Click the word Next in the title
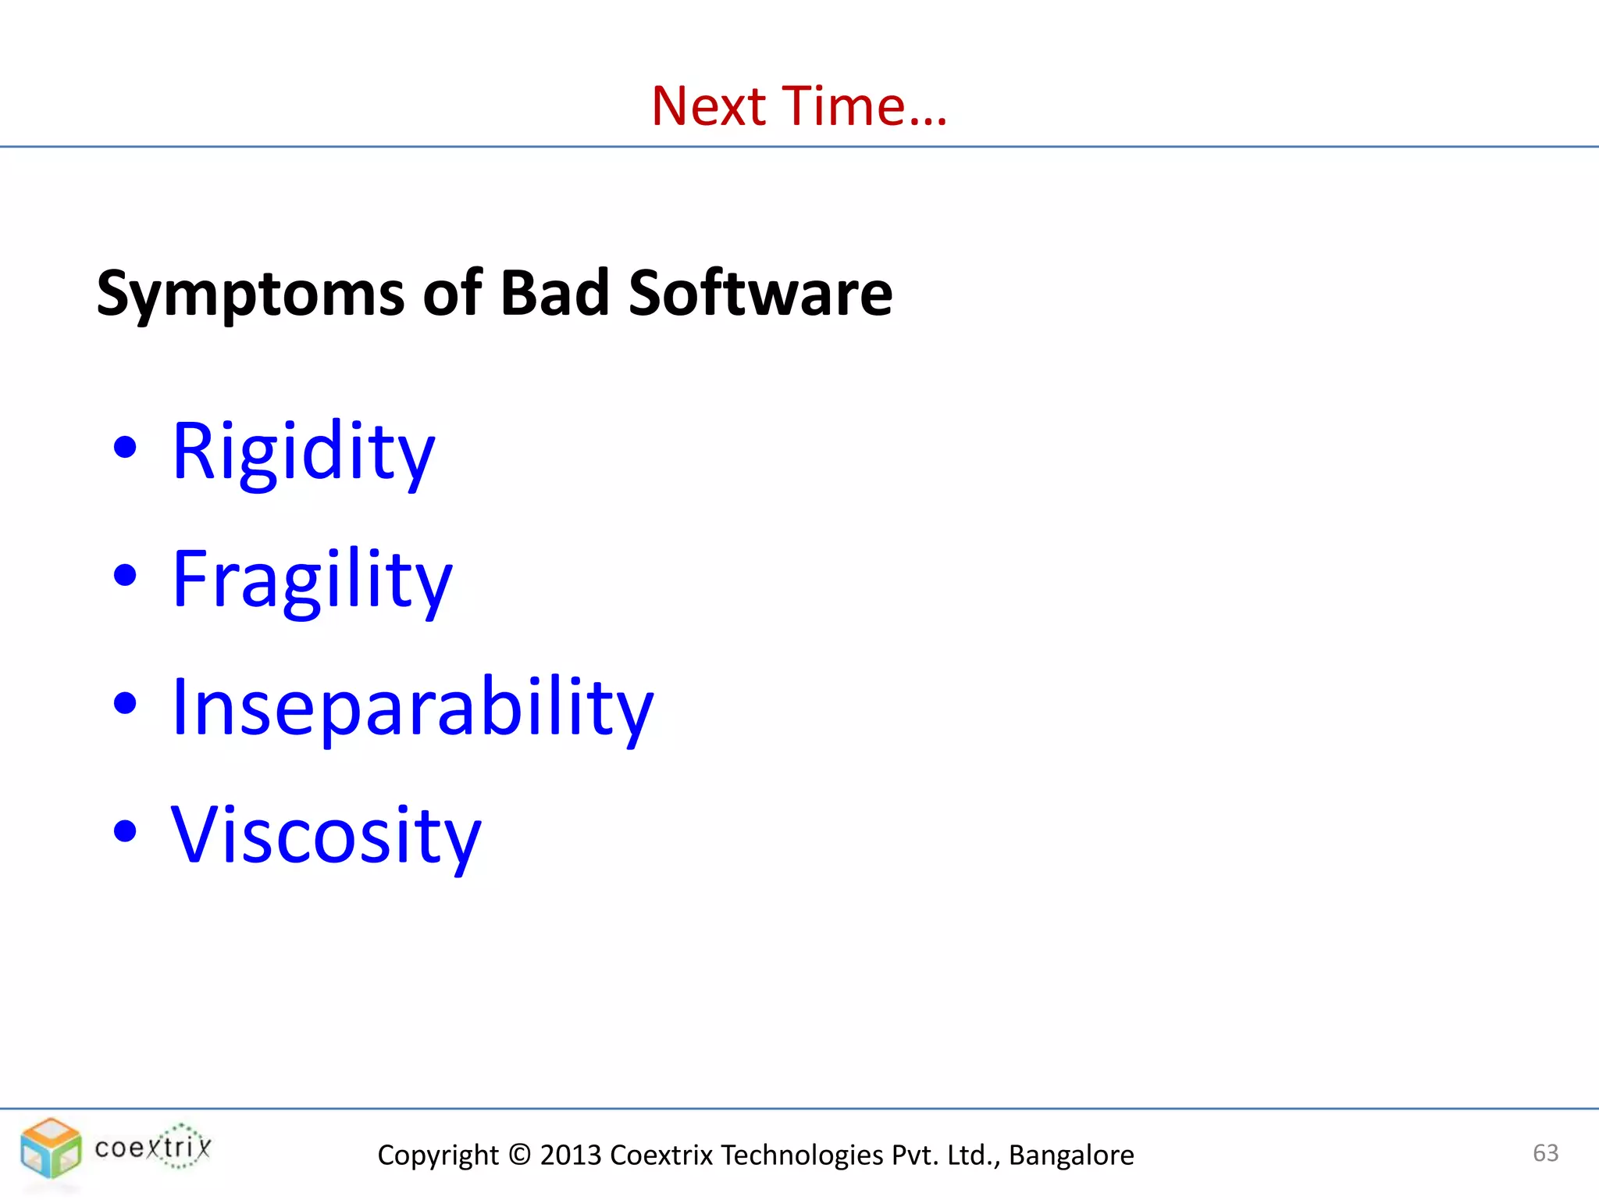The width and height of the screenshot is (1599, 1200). coord(709,106)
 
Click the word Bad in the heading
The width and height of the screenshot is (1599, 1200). coord(554,294)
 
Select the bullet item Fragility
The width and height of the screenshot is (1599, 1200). coord(312,580)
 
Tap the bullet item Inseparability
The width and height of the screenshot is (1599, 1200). coord(411,708)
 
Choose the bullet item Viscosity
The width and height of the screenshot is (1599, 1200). coord(326,836)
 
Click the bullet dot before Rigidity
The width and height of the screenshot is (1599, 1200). coord(125,448)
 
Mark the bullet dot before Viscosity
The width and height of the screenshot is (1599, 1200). coord(125,831)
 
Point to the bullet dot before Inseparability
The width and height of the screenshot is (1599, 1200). coord(125,703)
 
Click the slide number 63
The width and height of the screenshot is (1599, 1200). coord(1545,1152)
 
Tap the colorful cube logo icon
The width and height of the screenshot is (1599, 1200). coord(51,1148)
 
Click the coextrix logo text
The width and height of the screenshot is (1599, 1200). coord(153,1148)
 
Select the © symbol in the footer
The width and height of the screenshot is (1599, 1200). coord(518,1155)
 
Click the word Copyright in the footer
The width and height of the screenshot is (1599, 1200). coord(437,1155)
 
